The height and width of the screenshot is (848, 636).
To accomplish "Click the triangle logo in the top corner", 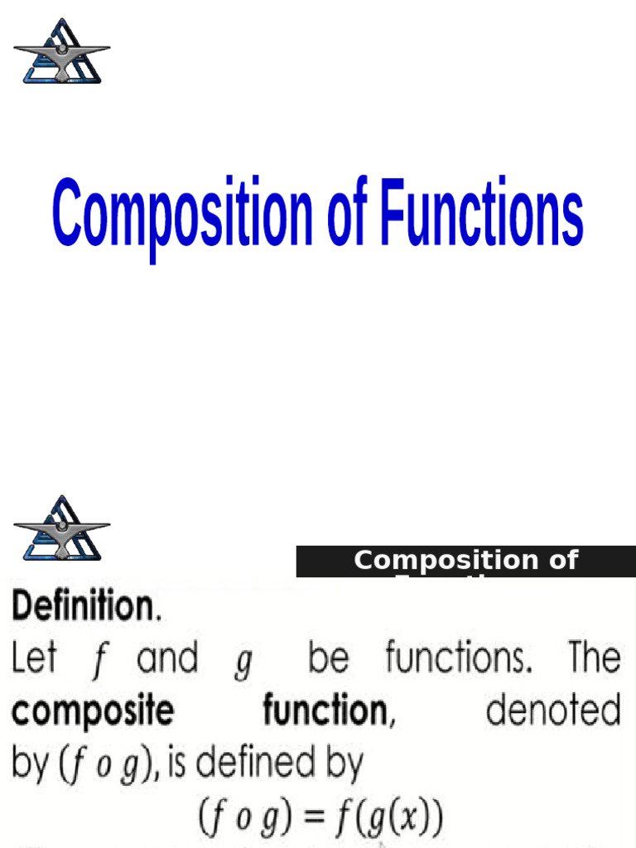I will tap(62, 51).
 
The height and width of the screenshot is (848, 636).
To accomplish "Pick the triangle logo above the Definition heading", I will tap(62, 528).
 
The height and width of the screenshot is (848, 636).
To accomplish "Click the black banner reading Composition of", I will tap(465, 561).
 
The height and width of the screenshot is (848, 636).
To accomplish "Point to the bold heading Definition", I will tap(84, 608).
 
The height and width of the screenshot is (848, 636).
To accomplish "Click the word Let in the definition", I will tap(34, 659).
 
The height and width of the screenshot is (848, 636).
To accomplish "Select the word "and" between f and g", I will tap(167, 659).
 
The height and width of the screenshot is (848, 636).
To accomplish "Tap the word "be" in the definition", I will tap(328, 659).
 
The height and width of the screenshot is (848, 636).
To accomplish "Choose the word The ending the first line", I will tap(593, 659).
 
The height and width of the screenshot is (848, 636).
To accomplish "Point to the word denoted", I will tap(553, 711).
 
